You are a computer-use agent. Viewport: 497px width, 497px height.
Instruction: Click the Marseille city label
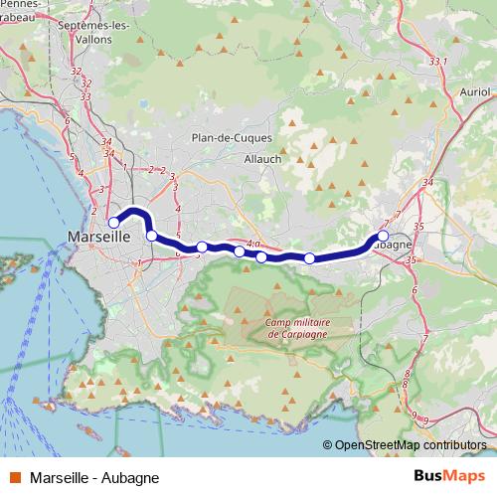(x=99, y=238)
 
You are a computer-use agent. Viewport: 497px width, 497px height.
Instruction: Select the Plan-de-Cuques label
(x=226, y=139)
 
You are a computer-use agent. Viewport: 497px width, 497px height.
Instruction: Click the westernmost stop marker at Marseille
(x=114, y=222)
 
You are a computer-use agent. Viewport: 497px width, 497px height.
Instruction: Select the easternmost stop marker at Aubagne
(x=384, y=236)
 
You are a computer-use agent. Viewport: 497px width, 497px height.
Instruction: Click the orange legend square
(x=14, y=477)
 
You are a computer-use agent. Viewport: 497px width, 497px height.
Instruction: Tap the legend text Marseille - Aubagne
(x=94, y=477)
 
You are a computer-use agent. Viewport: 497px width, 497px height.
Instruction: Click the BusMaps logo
(x=449, y=477)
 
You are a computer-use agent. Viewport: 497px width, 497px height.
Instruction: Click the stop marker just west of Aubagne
(x=309, y=258)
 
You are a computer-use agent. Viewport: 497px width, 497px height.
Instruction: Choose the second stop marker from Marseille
(x=151, y=236)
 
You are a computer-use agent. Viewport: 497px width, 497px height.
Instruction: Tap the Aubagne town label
(x=395, y=244)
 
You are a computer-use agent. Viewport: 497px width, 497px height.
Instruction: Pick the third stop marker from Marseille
(x=202, y=247)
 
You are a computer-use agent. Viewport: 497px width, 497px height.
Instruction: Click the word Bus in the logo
(x=428, y=477)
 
